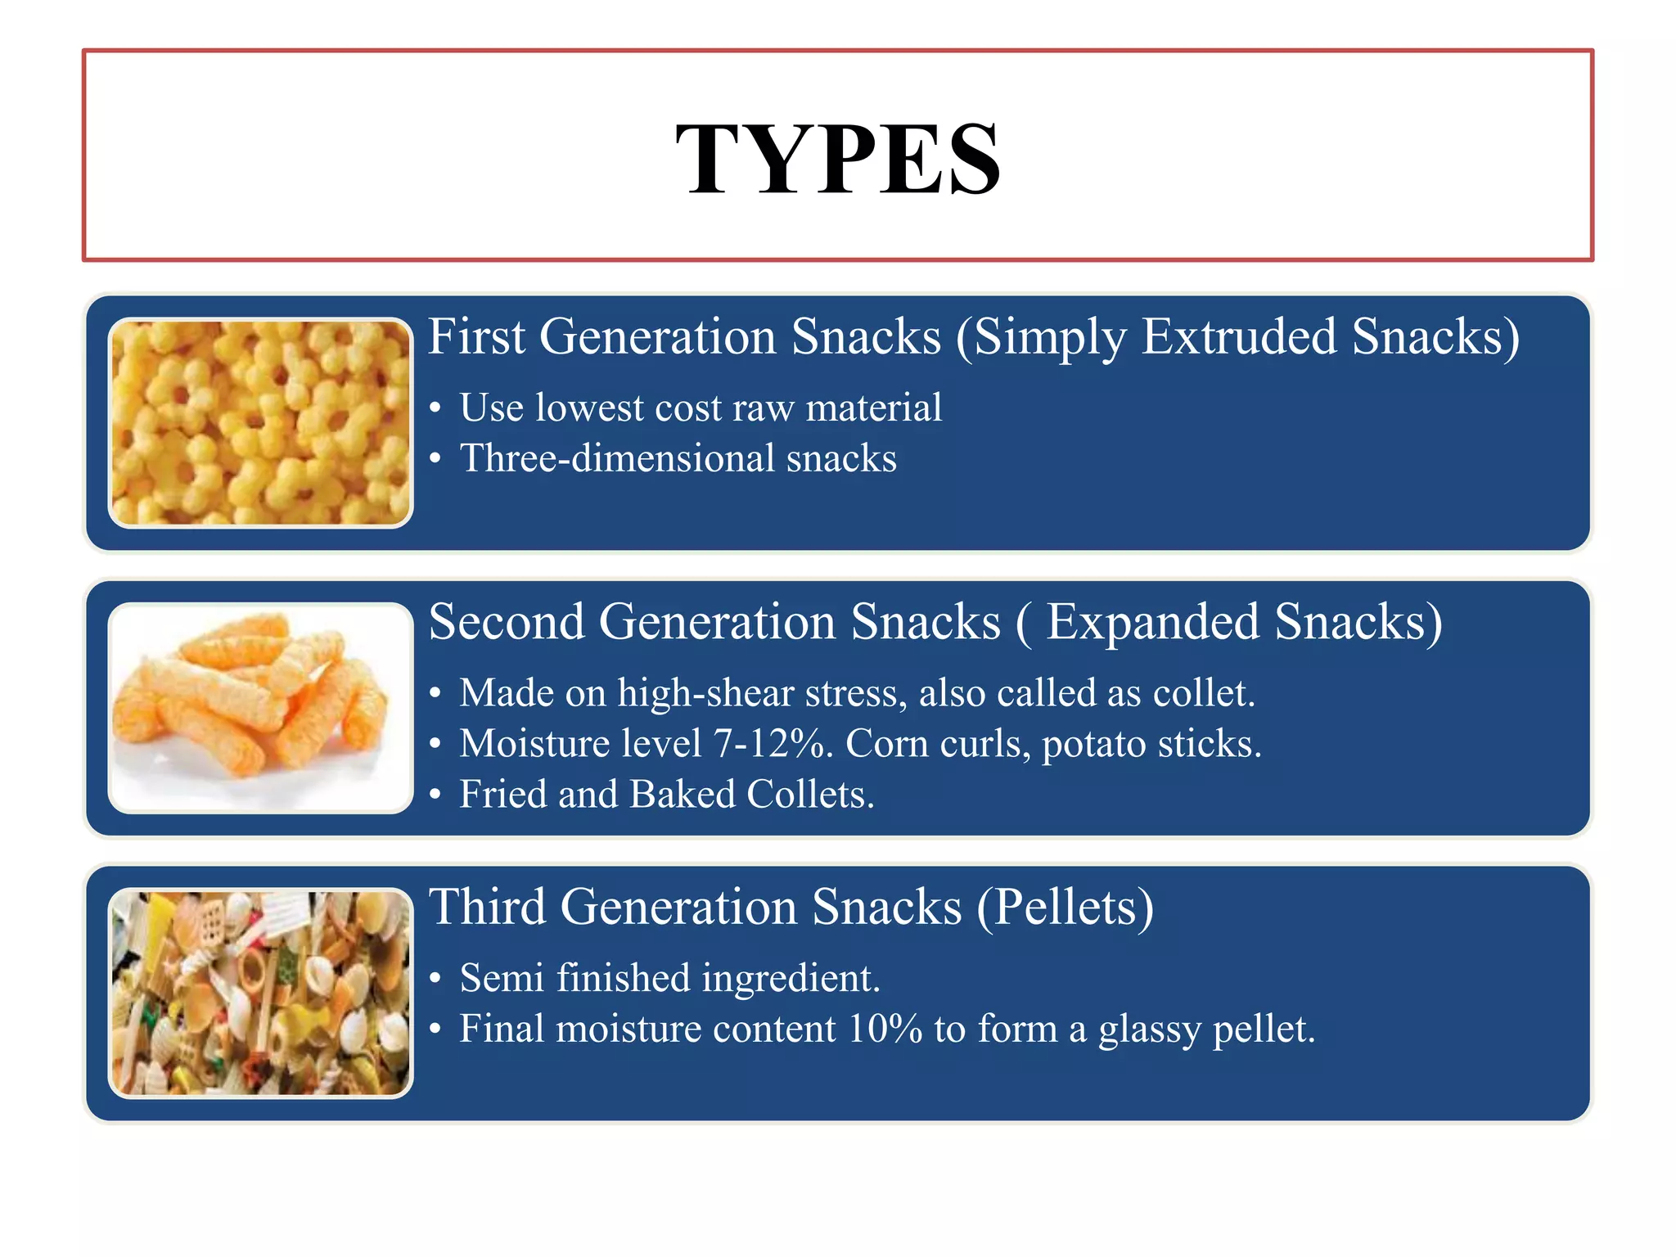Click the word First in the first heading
coord(476,336)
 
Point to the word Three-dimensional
coord(617,458)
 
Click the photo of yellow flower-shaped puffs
coord(260,422)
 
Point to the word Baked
coord(683,795)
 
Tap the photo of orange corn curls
coord(260,708)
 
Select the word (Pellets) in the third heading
coord(1066,908)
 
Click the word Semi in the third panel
coord(502,978)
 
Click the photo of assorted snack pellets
coord(260,993)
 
